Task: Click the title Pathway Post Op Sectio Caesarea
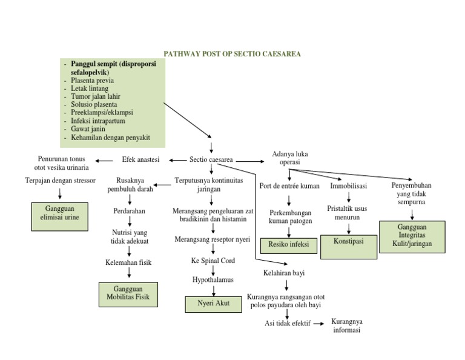232,54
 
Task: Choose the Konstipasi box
348,241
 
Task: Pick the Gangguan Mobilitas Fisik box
128,294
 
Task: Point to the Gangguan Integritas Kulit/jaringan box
412,236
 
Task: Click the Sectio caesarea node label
211,160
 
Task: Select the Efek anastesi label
141,160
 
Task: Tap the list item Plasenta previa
92,80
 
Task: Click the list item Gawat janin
89,128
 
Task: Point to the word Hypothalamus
213,279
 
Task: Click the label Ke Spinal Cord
213,261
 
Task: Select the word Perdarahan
130,212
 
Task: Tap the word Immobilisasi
348,186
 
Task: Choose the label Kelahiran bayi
284,273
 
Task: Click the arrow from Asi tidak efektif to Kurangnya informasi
320,324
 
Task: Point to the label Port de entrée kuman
289,186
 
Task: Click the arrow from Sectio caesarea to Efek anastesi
177,160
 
